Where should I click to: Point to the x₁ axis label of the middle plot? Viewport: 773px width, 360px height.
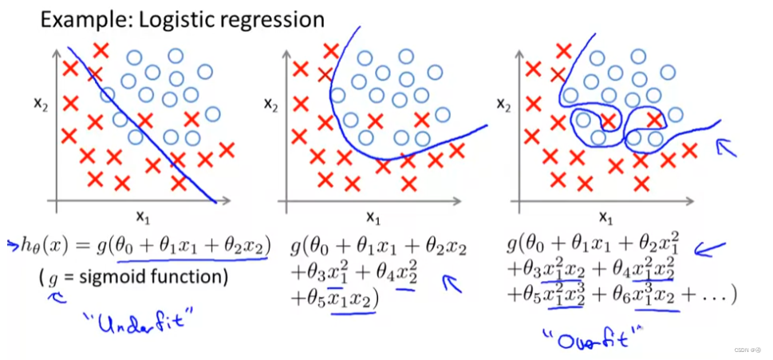coord(372,215)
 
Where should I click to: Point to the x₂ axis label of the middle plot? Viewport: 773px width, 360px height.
coord(272,105)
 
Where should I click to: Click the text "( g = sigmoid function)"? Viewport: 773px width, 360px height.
coord(132,277)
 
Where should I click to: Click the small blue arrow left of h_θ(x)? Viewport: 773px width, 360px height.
coord(12,243)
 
